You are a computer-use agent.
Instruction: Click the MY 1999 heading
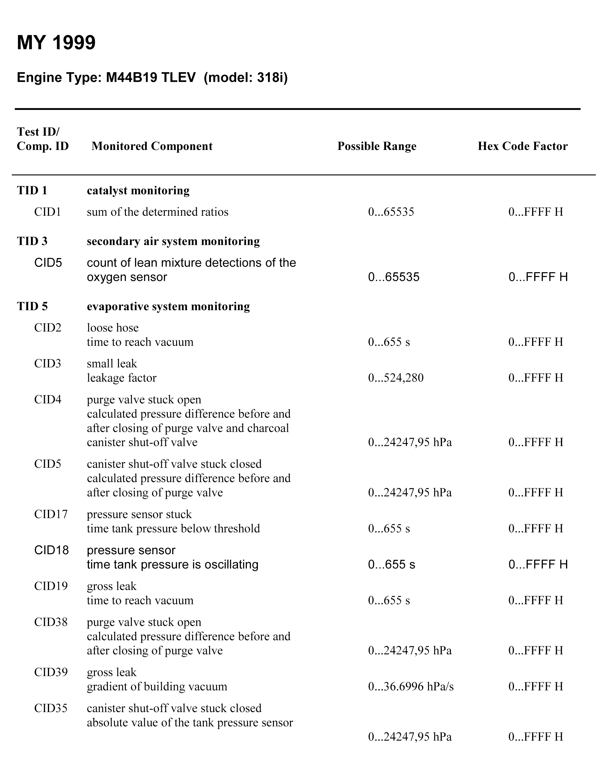tap(56, 43)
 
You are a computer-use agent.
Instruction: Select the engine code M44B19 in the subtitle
tap(131, 77)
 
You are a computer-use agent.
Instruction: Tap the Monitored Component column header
tap(152, 146)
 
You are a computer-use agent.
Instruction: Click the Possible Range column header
tap(377, 146)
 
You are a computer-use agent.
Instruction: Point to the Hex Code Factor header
tap(522, 146)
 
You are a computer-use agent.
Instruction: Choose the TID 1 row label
tap(32, 190)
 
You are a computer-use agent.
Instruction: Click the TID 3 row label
tap(32, 241)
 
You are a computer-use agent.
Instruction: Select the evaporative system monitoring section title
tap(168, 306)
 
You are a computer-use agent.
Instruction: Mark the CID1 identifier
tap(48, 212)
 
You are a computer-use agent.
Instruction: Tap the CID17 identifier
tap(51, 514)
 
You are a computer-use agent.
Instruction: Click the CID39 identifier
tap(51, 672)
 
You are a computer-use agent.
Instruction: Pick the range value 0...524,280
tap(396, 378)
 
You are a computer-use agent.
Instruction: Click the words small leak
tap(112, 364)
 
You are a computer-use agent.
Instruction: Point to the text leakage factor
tap(122, 378)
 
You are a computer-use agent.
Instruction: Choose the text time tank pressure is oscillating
tap(173, 565)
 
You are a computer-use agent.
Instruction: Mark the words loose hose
tap(112, 328)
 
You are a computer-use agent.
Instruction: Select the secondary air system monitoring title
tap(173, 241)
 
